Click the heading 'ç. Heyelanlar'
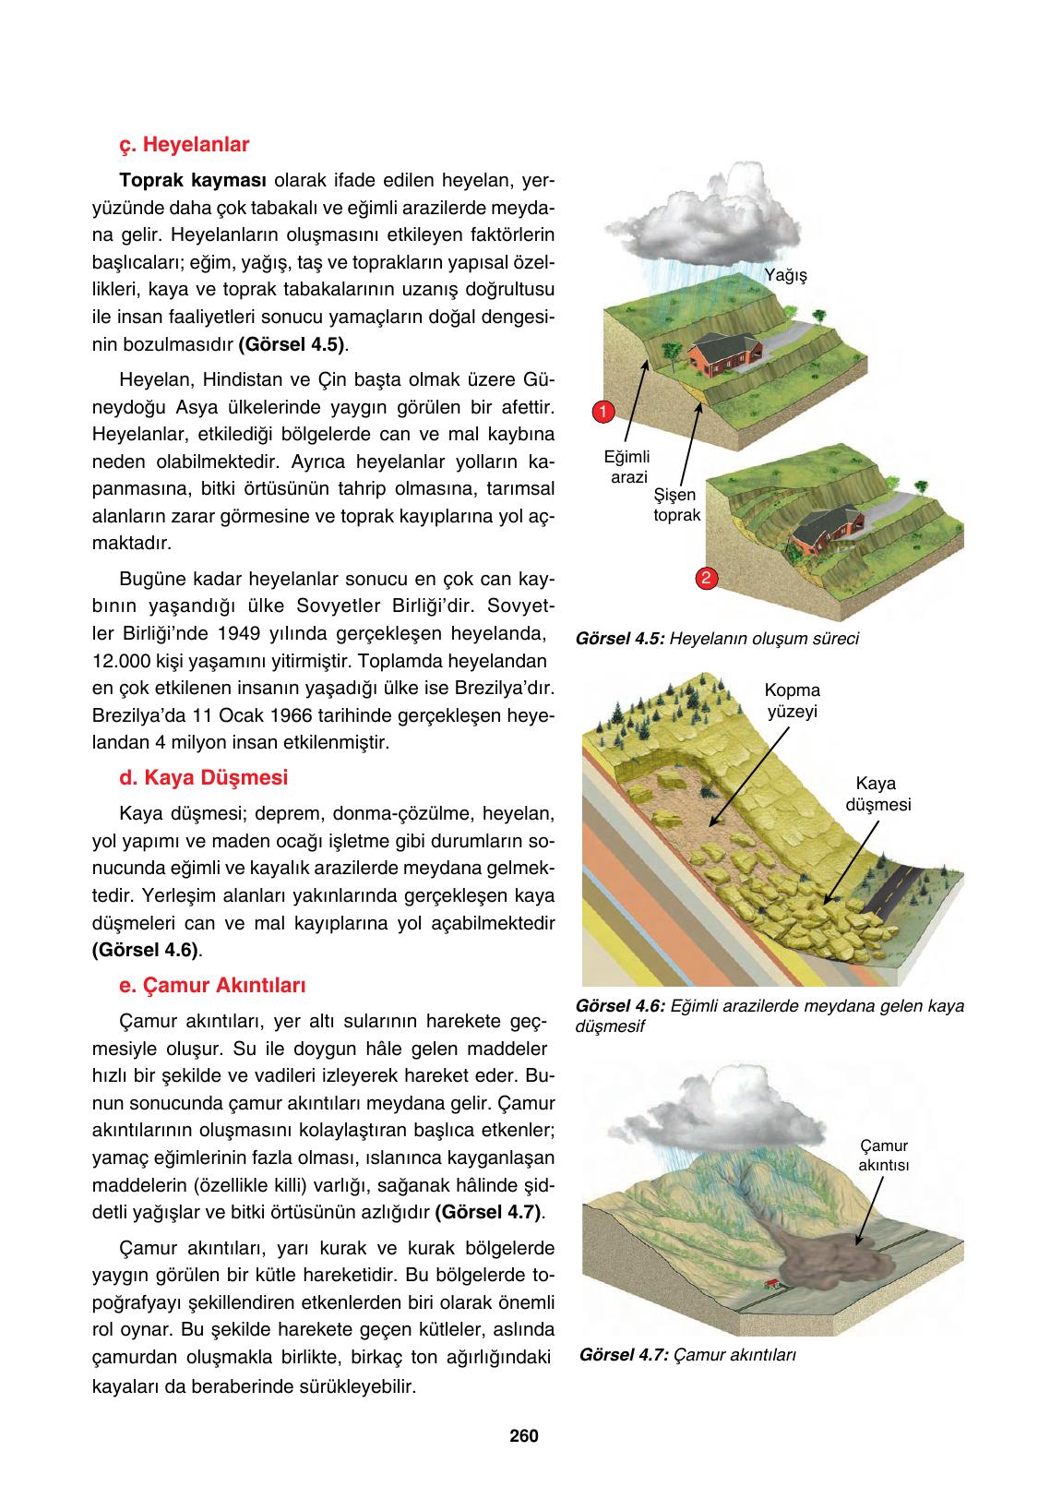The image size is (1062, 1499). coord(185,145)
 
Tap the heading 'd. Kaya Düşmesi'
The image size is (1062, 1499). coord(203,777)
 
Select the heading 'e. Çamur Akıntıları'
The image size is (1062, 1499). coord(212,985)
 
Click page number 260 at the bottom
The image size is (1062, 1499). coord(523,1436)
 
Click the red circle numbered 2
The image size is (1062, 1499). coord(705,579)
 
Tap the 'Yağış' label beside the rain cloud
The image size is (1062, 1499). coord(786,275)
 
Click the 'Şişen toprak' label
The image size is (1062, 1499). coord(676,505)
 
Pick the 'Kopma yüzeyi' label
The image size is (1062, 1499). coord(793,701)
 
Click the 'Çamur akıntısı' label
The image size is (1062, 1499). coord(883,1156)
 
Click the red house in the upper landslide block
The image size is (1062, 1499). coord(725,354)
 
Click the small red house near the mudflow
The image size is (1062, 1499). coord(771,1284)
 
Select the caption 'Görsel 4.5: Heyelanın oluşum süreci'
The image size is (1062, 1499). coord(716,639)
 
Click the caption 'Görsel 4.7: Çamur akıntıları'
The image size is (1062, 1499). coord(688,1355)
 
